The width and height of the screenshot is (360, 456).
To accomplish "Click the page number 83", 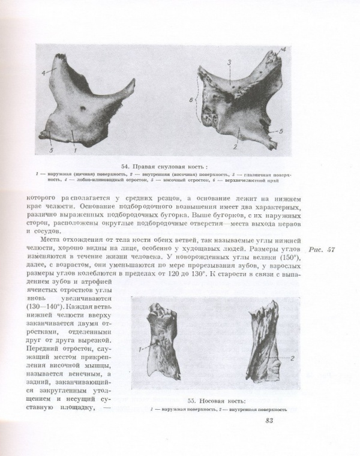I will click(x=269, y=420).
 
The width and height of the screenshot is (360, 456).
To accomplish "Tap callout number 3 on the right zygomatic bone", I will click(x=229, y=62).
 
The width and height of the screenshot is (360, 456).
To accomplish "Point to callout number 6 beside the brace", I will click(x=191, y=101).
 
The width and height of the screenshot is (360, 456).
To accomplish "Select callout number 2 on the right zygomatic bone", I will click(x=235, y=146).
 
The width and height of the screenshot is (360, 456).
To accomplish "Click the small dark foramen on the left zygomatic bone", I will click(x=82, y=110).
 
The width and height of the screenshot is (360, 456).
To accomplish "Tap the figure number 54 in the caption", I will click(x=126, y=166).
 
